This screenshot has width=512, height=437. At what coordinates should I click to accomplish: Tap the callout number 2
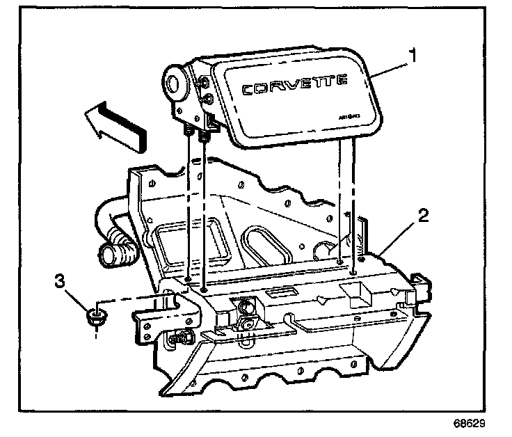pos(423,215)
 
